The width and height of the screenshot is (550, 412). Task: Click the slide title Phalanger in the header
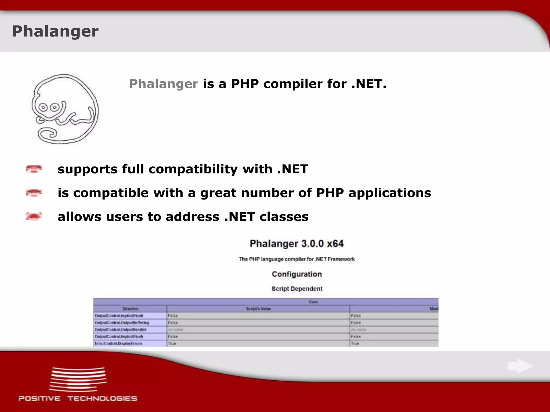pos(55,32)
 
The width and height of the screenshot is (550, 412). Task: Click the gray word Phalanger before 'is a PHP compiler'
pos(164,84)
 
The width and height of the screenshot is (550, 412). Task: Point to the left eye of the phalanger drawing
pos(43,108)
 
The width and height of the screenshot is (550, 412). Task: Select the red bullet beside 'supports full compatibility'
pos(34,169)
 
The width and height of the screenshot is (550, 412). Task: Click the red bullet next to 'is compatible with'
pos(34,193)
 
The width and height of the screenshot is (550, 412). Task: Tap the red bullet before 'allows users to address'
pos(34,216)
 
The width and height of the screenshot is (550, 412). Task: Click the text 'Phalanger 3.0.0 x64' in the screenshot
pos(296,244)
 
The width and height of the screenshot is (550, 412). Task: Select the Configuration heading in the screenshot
pos(296,274)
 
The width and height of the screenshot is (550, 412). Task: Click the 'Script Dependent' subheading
pos(297,289)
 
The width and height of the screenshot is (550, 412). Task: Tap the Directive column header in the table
pos(130,309)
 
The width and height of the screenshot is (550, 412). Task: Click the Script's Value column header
pos(258,309)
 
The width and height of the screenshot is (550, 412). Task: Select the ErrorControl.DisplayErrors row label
pos(118,344)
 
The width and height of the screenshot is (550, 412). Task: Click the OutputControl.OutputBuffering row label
pos(122,323)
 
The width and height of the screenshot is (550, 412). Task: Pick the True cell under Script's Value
pos(172,344)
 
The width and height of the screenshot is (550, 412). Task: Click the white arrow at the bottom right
pos(520,366)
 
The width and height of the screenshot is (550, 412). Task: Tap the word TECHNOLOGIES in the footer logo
pos(102,399)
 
